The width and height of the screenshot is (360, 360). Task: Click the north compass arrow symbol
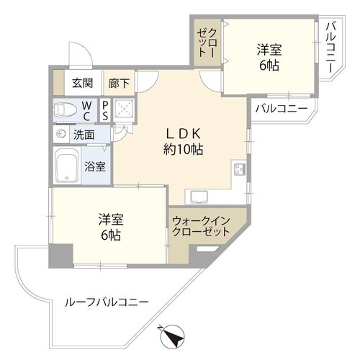pos(172,336)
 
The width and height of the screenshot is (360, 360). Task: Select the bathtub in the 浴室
pos(67,166)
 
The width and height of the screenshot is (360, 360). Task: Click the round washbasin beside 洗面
pos(61,134)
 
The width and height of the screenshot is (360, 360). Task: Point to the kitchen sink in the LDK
pos(199,197)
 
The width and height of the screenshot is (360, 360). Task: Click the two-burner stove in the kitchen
pos(240,169)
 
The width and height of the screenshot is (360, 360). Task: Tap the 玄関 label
pos(82,83)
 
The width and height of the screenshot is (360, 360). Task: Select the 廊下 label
pos(119,84)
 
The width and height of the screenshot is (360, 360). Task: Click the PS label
pos(105,111)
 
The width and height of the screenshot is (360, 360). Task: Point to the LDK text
pos(184,134)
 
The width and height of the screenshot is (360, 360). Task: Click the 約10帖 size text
pos(183,149)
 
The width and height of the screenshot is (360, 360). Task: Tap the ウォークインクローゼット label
pos(201,226)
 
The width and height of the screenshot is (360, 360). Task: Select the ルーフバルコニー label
pos(107,302)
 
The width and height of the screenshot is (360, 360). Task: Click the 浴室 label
pos(95,166)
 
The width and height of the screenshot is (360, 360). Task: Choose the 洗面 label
pos(84,135)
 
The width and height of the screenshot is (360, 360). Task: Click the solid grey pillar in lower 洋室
pos(61,256)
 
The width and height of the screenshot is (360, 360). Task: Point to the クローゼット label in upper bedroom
pos(207,42)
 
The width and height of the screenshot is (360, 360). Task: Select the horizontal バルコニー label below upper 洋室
pos(282,109)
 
